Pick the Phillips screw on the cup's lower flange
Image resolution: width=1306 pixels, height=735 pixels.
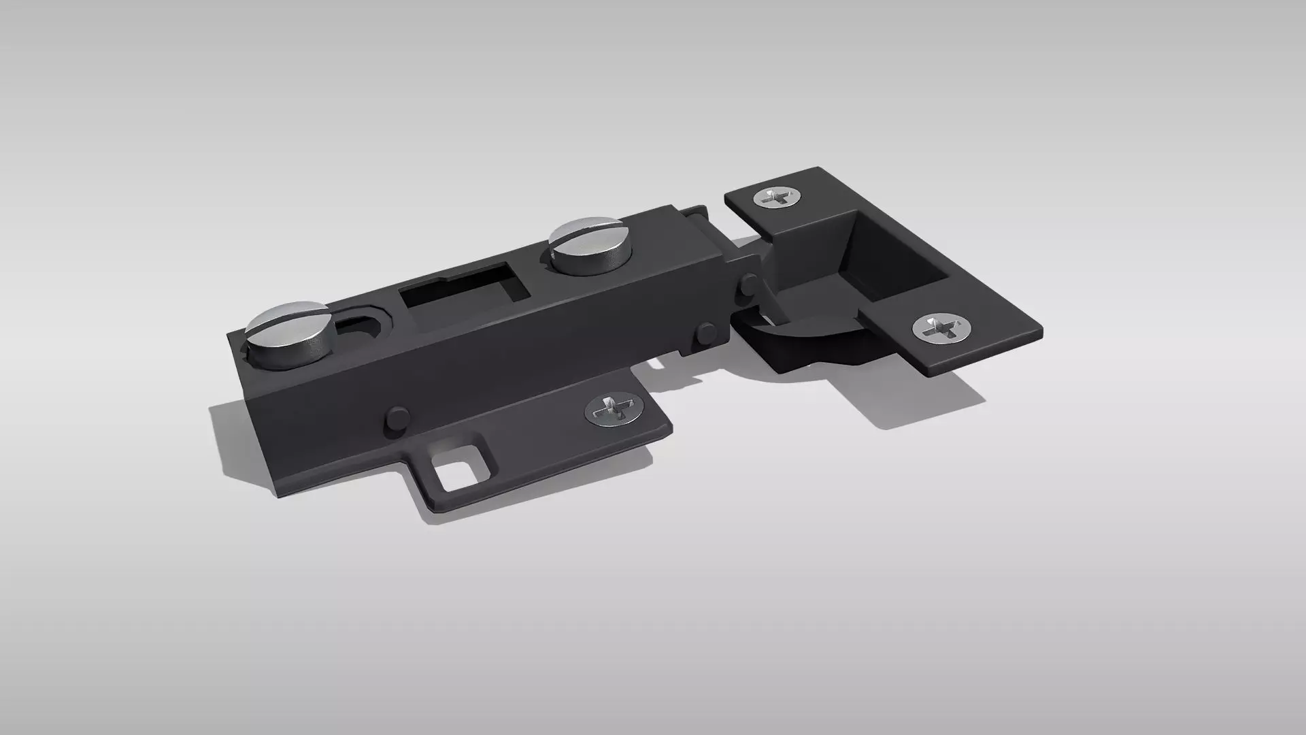[x=941, y=329]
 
